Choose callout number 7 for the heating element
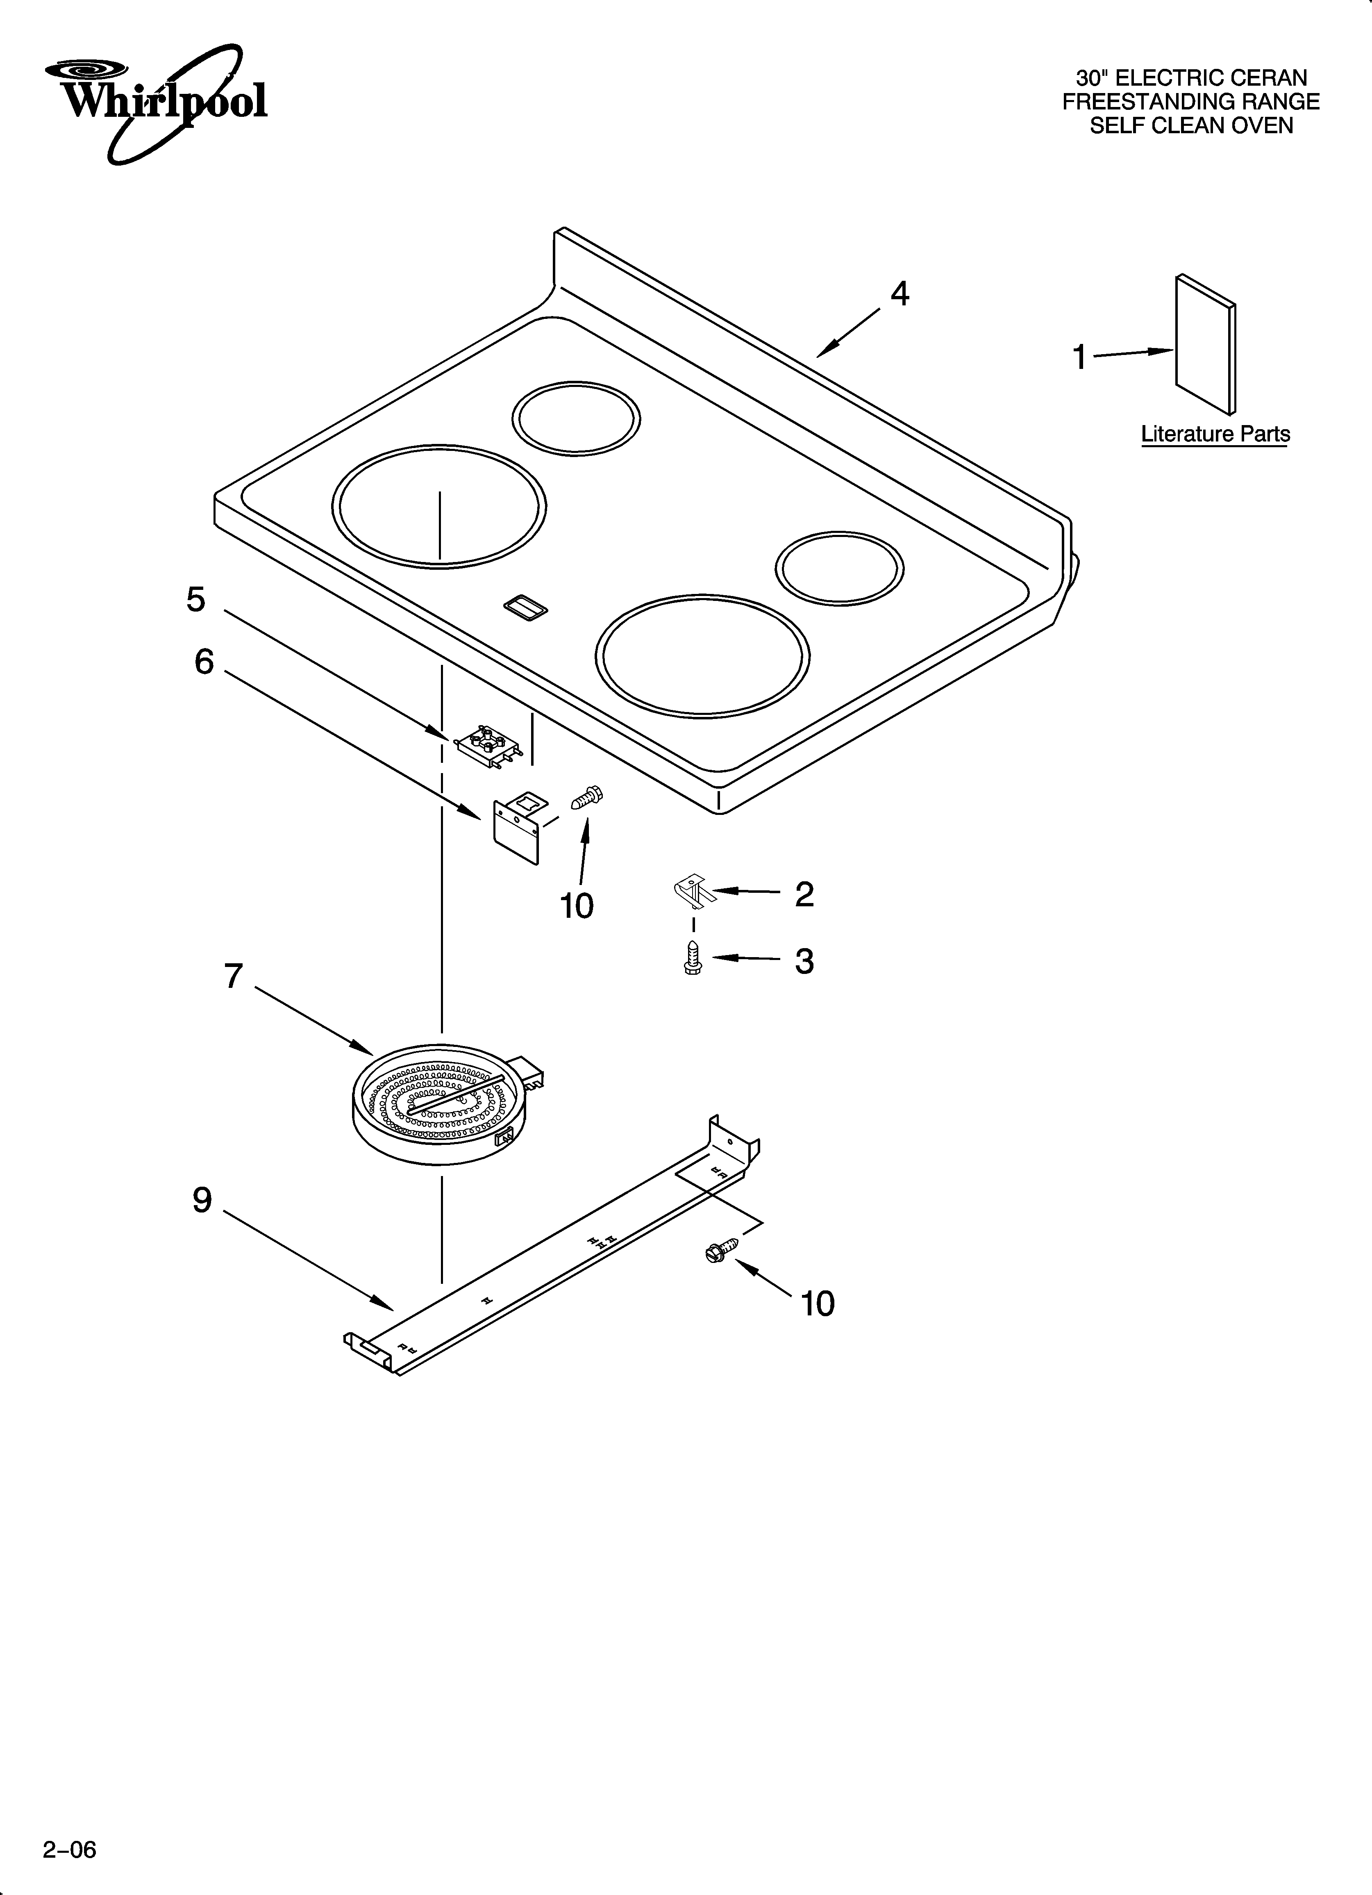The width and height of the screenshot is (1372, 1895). point(233,975)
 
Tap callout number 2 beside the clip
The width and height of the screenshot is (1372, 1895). point(804,894)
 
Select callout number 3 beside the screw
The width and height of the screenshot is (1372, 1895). point(804,962)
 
